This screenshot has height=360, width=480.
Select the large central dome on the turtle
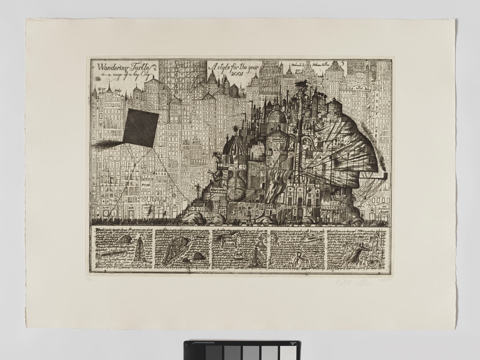click(275, 116)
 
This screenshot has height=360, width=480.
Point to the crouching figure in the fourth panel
click(296, 262)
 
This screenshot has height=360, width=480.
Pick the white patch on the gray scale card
click(287, 351)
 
